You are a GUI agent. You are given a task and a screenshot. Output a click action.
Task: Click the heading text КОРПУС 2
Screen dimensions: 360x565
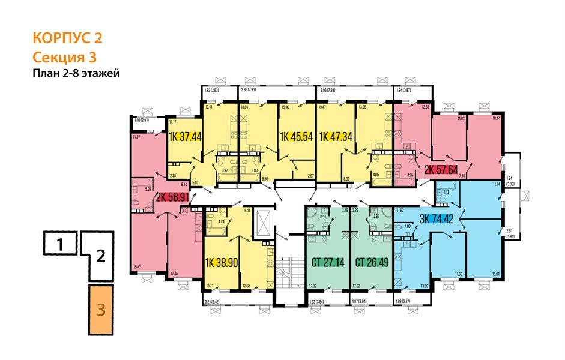tap(67, 39)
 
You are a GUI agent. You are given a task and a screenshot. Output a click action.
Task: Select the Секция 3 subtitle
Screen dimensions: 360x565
tap(64, 58)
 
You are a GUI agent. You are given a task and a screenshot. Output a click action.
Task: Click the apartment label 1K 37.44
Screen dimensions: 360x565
tap(185, 136)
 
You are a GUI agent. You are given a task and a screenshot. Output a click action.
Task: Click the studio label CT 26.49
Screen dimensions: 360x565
tap(371, 262)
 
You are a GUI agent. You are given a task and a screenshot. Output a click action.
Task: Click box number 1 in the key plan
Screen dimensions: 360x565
tap(59, 244)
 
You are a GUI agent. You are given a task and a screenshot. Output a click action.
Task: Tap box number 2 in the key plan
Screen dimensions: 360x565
tap(101, 258)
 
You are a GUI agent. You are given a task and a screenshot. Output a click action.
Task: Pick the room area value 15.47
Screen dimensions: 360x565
tap(137, 266)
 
